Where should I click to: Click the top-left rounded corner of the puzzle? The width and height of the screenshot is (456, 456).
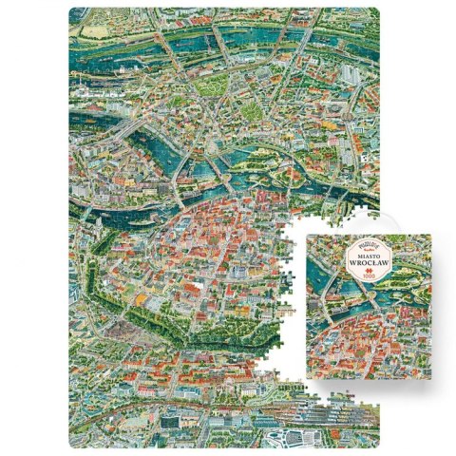(x=72, y=12)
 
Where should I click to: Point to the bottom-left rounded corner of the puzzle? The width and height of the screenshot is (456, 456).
(x=72, y=444)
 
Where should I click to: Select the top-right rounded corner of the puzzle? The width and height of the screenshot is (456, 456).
(x=377, y=12)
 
